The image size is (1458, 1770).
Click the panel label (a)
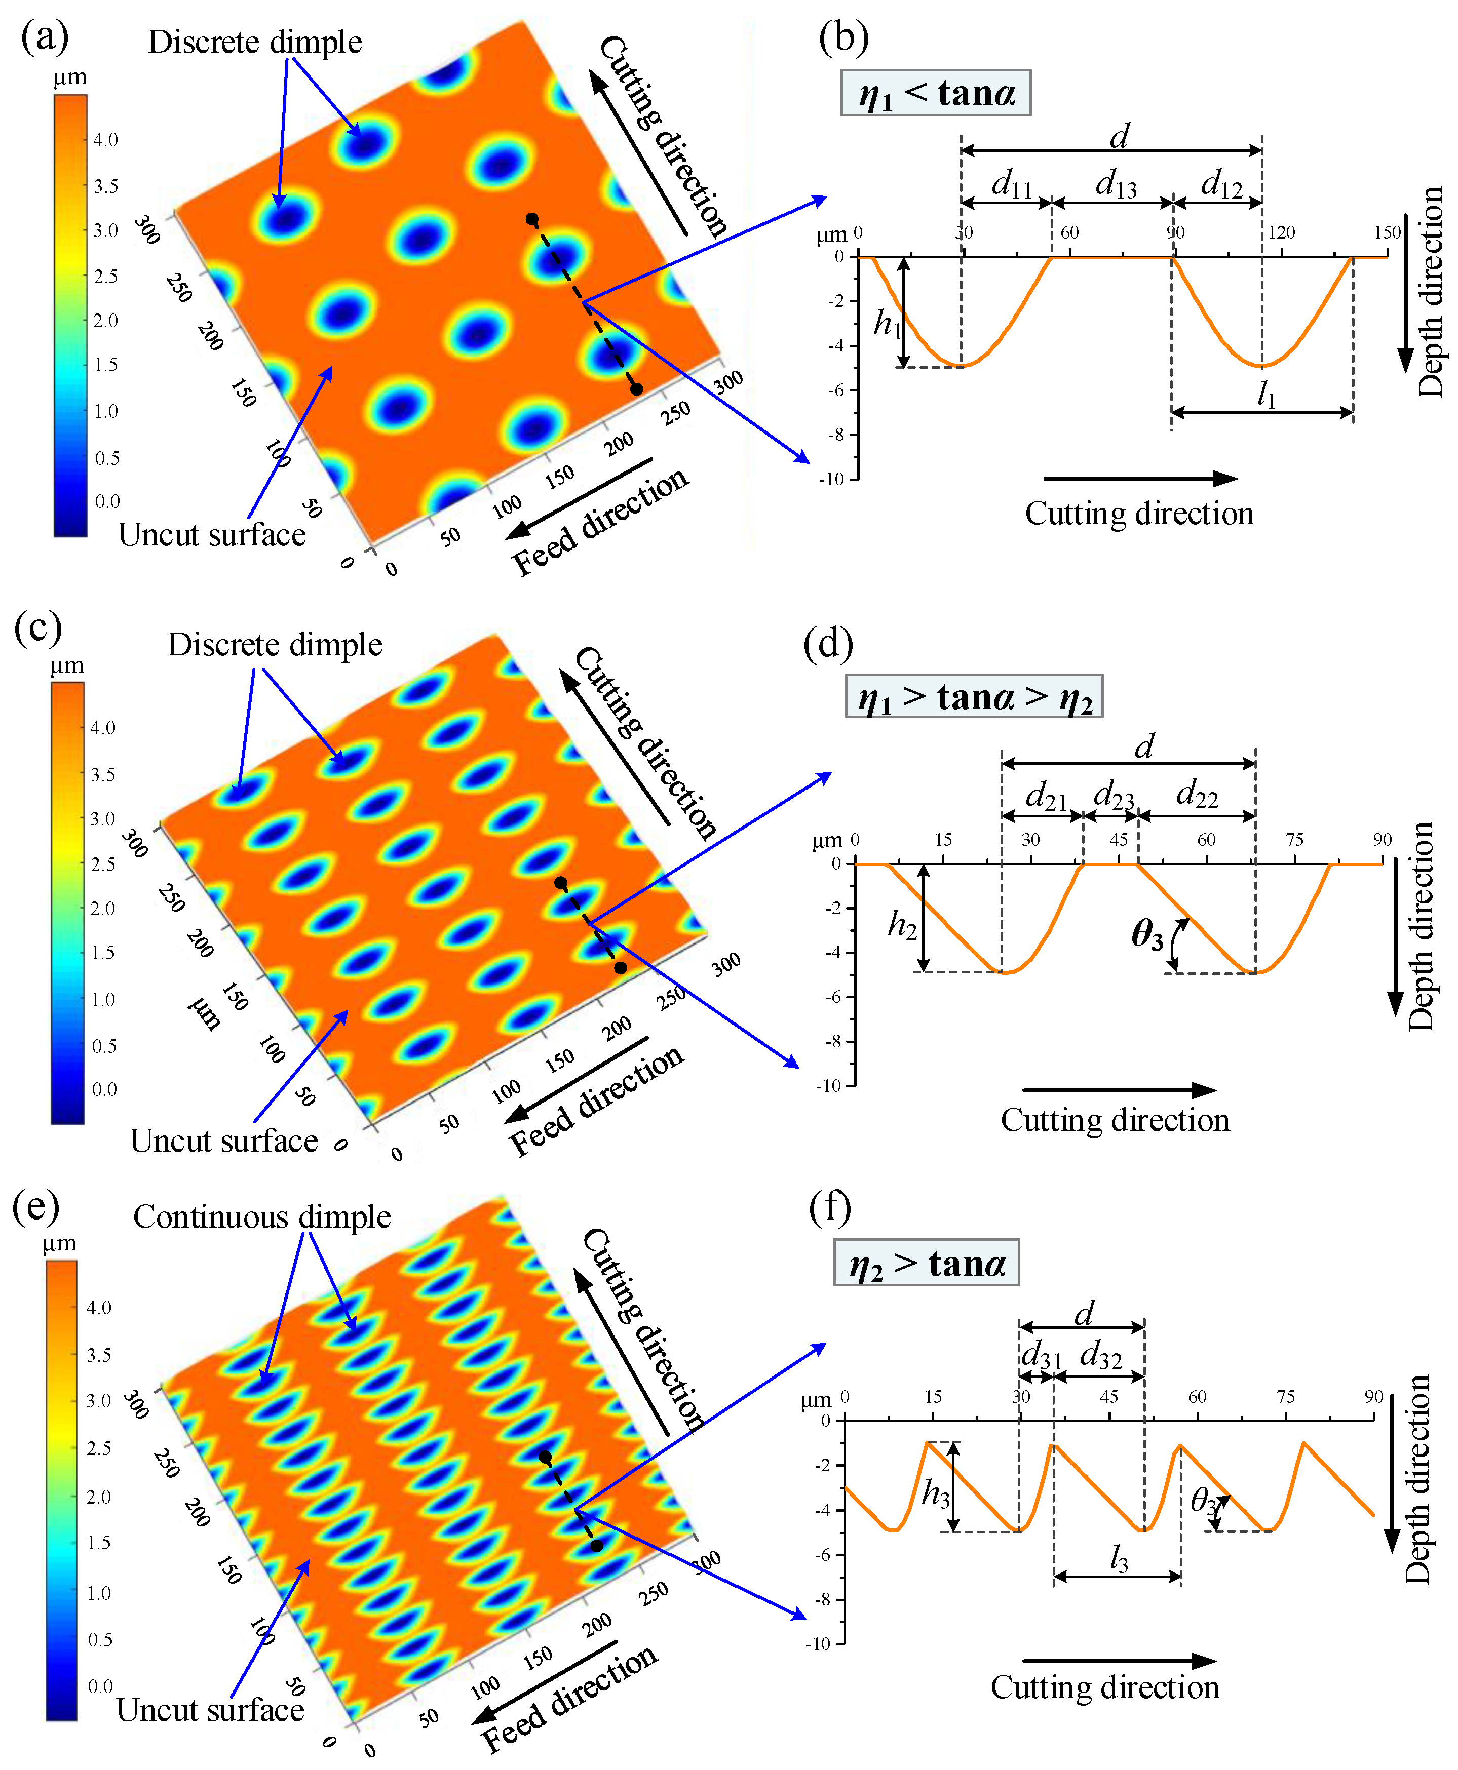(x=46, y=38)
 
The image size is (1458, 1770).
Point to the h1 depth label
(x=887, y=323)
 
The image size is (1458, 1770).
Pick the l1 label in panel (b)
(x=1265, y=394)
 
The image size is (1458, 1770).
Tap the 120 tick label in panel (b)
(x=1282, y=232)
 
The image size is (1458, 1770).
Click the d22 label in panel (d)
(x=1197, y=794)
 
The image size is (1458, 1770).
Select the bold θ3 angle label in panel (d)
(x=1147, y=934)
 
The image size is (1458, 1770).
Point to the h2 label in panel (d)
(x=902, y=925)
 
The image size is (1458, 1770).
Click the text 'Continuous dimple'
(x=262, y=1216)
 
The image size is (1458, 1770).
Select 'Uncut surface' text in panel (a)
(x=212, y=535)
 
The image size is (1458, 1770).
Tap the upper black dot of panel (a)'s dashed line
(x=531, y=219)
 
